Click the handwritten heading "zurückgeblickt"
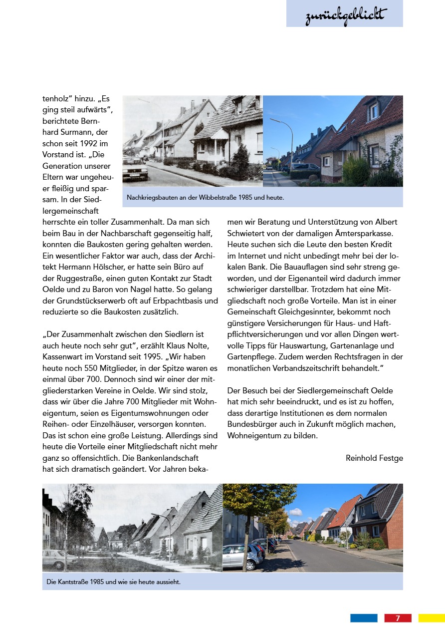point(345,15)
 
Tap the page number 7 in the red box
point(398,618)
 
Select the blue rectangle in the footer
point(364,618)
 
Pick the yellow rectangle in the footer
point(432,618)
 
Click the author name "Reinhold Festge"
point(374,458)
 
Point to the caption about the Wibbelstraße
point(205,198)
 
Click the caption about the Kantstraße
point(113,582)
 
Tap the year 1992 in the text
point(91,143)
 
